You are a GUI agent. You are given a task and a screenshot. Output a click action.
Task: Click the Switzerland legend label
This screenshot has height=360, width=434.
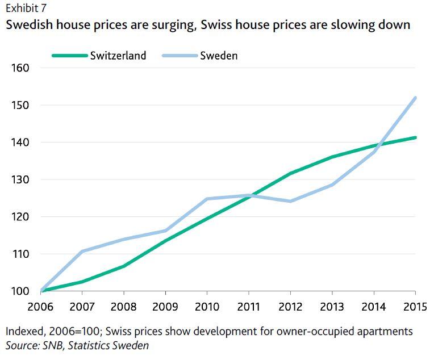coord(118,55)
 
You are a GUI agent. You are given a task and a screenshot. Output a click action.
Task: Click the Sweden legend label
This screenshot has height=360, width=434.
coord(219,55)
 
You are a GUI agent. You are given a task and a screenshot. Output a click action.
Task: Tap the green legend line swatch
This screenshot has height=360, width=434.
coord(69,56)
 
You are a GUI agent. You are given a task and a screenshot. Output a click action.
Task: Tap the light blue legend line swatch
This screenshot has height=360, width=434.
coord(180,56)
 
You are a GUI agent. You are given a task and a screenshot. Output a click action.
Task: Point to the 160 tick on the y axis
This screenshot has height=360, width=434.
coord(20,68)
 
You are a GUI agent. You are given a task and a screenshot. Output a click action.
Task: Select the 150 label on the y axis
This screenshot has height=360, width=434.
coord(20,106)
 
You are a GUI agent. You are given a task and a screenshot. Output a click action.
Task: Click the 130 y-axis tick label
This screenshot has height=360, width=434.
coord(20,180)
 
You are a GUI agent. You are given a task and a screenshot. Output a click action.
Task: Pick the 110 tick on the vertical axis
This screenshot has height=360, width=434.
coord(20,254)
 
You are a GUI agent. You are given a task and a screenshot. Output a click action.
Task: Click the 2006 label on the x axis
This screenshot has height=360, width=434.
coord(41,307)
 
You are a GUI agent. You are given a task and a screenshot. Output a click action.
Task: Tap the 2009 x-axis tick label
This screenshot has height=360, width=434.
coord(165,307)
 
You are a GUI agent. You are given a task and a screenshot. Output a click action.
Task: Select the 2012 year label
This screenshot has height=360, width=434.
coord(290,307)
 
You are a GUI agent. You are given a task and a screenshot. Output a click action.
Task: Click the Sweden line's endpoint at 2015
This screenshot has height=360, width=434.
coord(415,98)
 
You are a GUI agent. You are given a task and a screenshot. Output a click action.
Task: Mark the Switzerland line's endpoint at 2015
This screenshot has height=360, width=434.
coord(415,137)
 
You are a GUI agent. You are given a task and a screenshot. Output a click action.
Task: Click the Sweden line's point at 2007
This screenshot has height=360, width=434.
coord(83,251)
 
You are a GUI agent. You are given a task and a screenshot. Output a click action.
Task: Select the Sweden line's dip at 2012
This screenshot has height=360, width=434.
coord(291,201)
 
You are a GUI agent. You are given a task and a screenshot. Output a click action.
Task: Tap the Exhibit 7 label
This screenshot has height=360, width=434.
coord(26,7)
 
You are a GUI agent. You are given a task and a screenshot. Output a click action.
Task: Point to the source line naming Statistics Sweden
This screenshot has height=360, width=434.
coord(77,345)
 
